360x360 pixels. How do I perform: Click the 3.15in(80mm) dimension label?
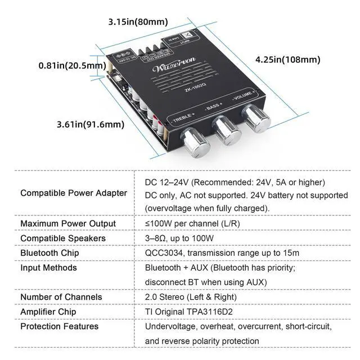pyautogui.click(x=138, y=22)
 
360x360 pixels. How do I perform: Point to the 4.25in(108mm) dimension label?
pyautogui.click(x=287, y=59)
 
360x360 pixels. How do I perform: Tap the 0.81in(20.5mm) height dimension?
pyautogui.click(x=72, y=65)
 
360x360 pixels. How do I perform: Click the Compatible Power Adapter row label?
pyautogui.click(x=73, y=193)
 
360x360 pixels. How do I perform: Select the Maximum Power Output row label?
pyautogui.click(x=67, y=223)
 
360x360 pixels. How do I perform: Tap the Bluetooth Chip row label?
pyautogui.click(x=49, y=253)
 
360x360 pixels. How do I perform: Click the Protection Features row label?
pyautogui.click(x=59, y=326)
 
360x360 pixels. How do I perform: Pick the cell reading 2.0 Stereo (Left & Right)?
pyautogui.click(x=191, y=297)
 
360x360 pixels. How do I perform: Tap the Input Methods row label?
pyautogui.click(x=48, y=268)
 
